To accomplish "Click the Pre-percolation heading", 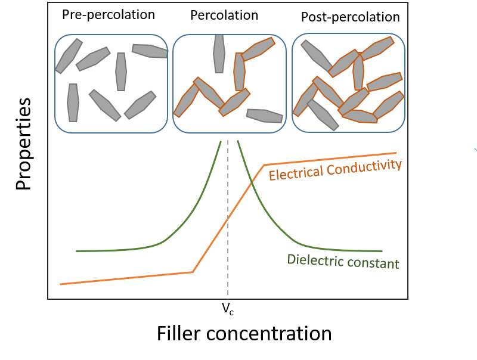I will (109, 14).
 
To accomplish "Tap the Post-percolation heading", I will (350, 17).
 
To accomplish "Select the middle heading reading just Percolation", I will (224, 15).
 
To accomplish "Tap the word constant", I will (373, 263).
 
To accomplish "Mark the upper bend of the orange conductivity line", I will (264, 165).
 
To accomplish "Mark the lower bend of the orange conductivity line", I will (193, 272).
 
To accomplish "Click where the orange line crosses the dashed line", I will (227, 219).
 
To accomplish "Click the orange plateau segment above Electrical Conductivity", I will (334, 159).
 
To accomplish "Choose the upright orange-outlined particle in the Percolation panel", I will (240, 72).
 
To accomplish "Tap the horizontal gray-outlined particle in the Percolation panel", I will (264, 116).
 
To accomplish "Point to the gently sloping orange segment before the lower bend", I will (125, 278).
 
